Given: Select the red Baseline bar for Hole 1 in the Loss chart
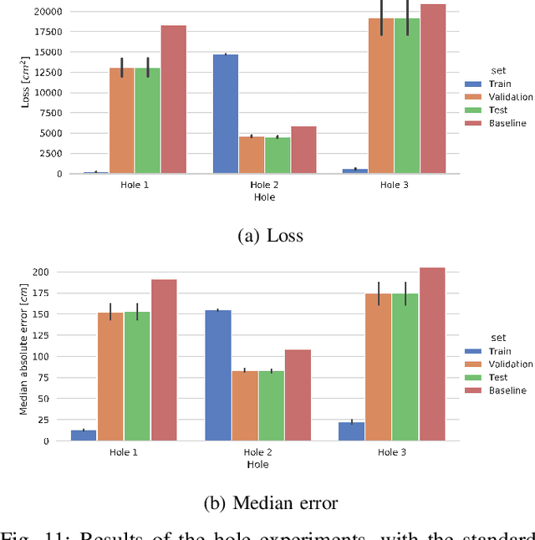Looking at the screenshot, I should (x=174, y=99).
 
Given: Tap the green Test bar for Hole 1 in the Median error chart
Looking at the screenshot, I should (x=137, y=376).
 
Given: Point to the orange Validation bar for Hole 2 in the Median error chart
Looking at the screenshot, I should (x=245, y=405).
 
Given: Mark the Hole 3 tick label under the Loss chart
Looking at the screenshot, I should (x=395, y=185).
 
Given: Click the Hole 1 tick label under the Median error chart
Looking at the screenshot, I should (x=124, y=452).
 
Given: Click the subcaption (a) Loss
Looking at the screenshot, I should (x=270, y=236).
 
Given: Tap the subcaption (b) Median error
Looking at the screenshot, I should (x=270, y=502).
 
